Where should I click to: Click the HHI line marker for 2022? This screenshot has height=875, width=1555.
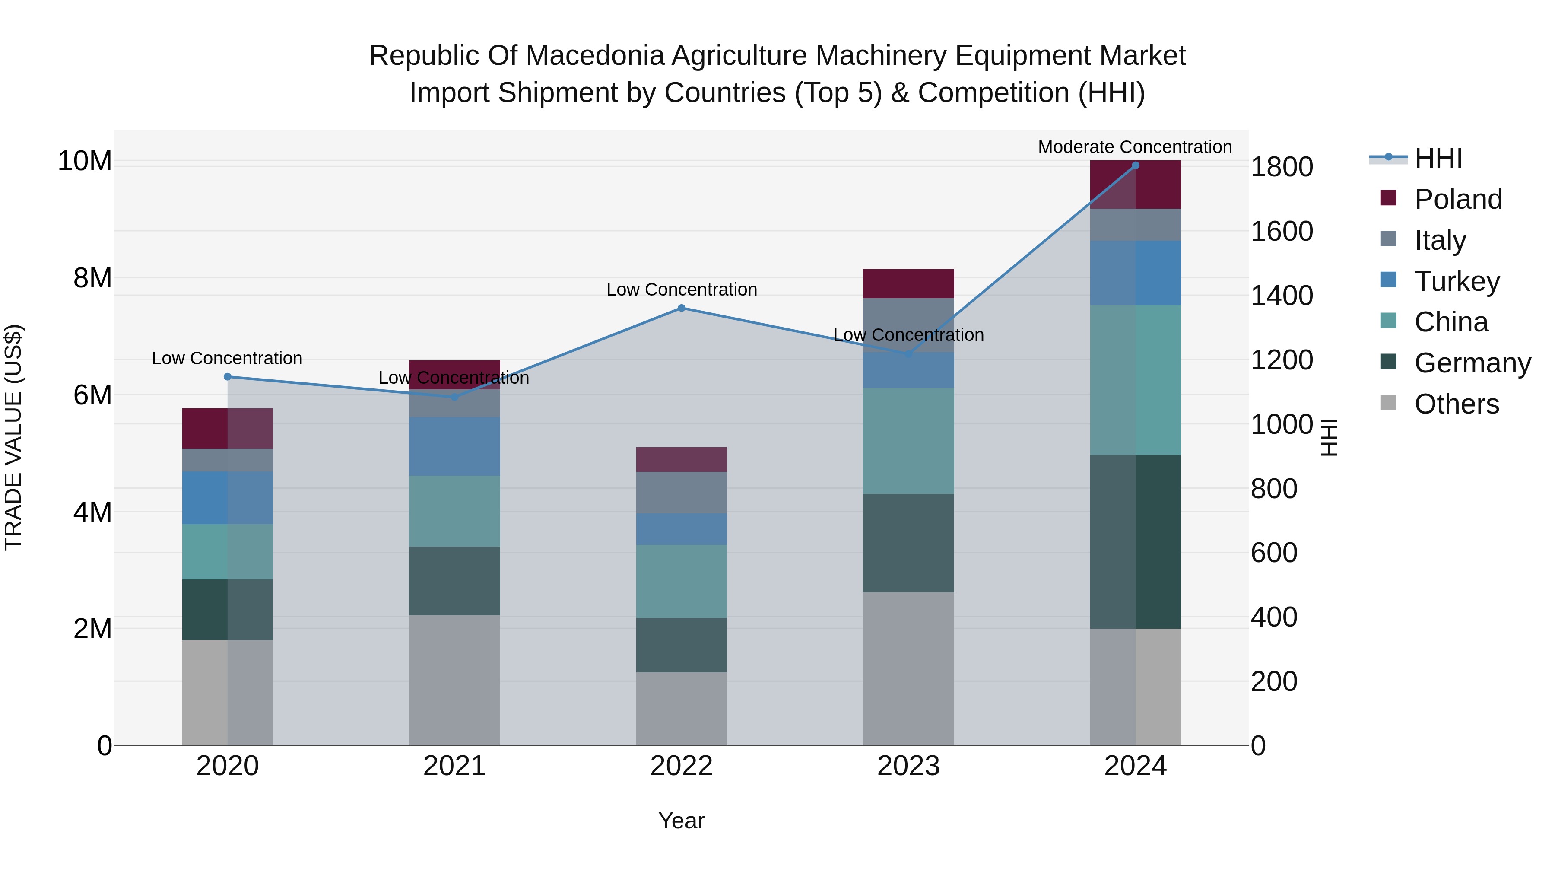click(x=682, y=308)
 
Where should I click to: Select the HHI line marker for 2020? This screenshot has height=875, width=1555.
click(x=228, y=377)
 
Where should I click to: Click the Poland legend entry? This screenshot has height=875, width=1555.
click(x=1458, y=199)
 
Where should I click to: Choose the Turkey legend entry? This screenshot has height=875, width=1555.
click(x=1457, y=281)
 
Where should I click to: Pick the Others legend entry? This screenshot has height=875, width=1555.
click(x=1456, y=404)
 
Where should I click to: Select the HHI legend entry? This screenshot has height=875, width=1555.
click(x=1438, y=158)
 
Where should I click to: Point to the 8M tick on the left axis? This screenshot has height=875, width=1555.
click(x=92, y=278)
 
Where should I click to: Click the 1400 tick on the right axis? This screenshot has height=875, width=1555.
click(x=1282, y=296)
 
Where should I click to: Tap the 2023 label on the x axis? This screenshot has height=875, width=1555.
click(x=908, y=766)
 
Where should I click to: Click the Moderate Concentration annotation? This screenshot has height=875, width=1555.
click(x=1135, y=147)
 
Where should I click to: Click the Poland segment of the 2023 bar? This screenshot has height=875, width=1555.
click(x=908, y=284)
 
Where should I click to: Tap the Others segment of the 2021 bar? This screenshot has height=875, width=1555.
click(x=454, y=680)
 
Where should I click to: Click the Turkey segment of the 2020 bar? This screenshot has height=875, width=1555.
click(x=228, y=498)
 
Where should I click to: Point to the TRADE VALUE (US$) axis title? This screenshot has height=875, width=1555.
click(x=13, y=437)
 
